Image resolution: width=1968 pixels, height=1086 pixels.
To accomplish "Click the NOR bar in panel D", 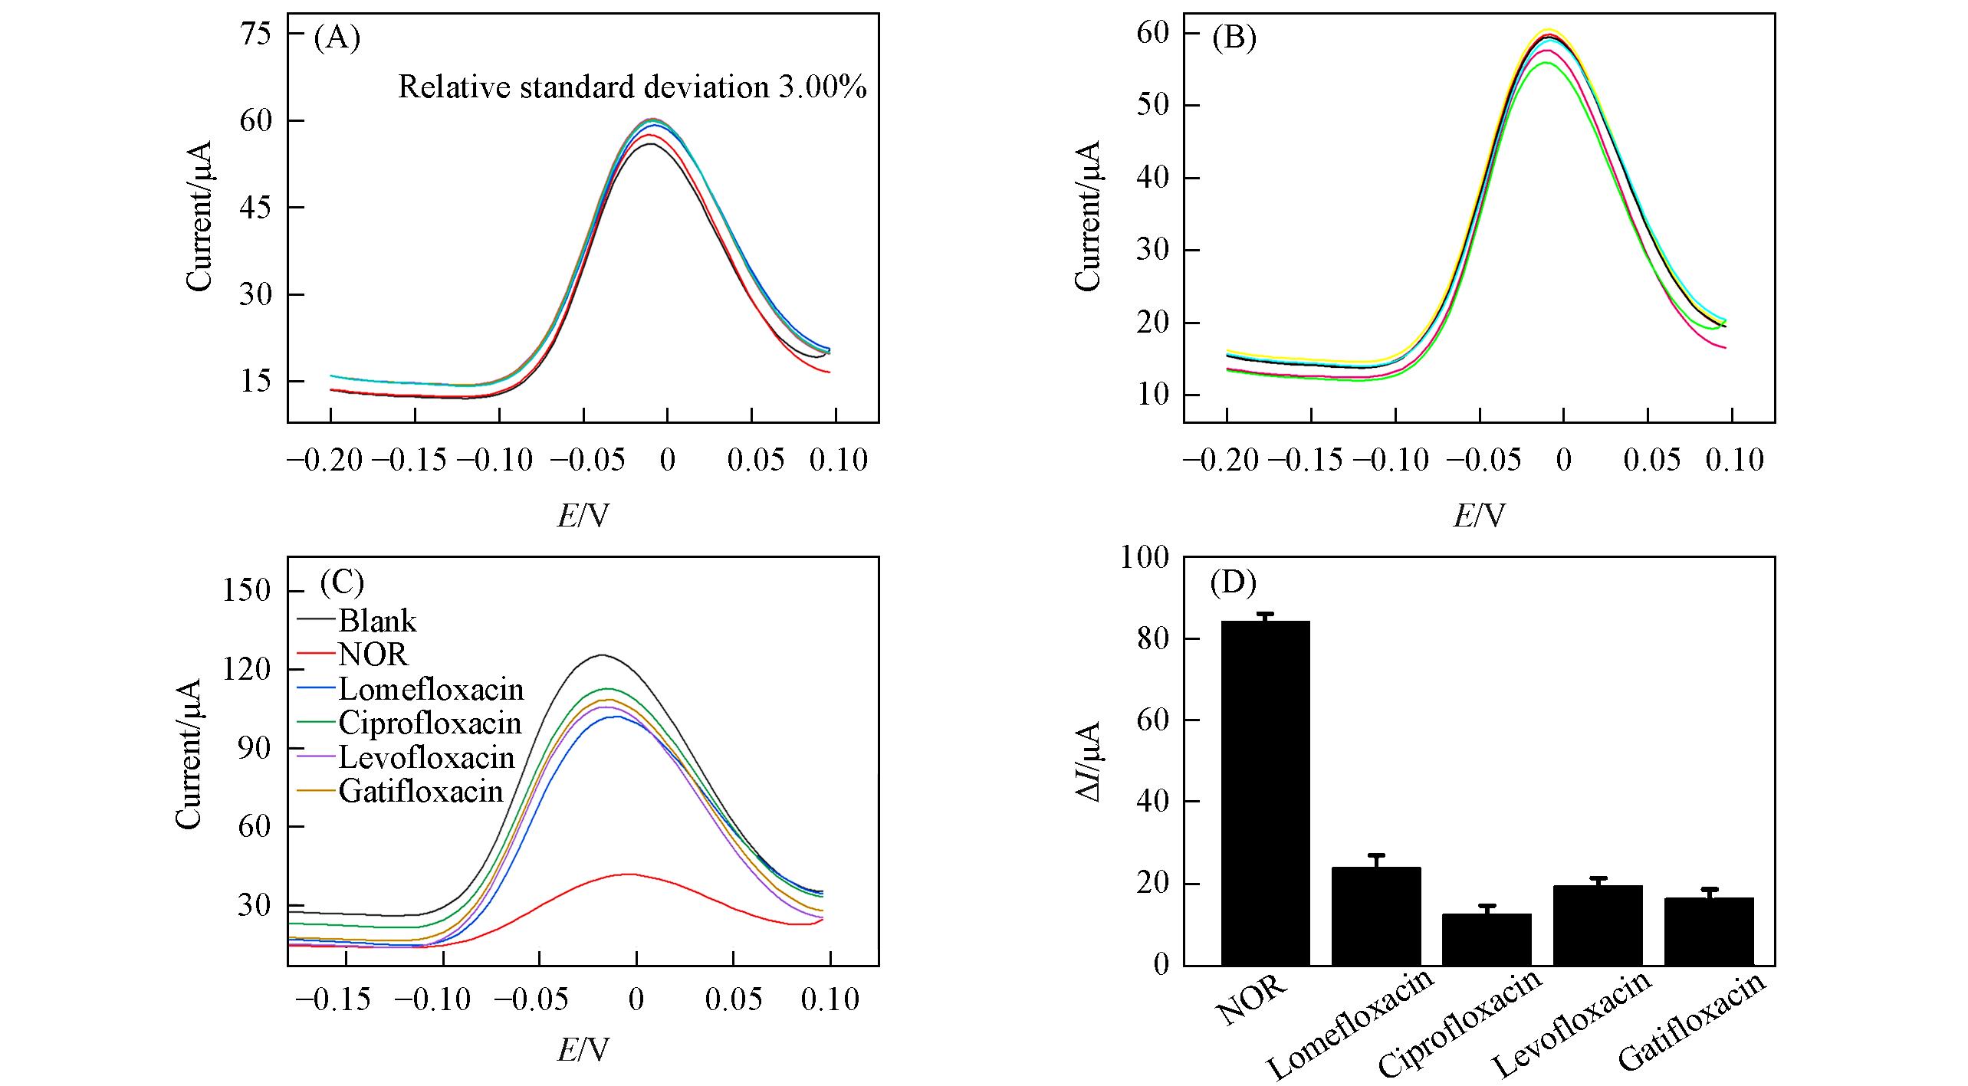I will click(x=1265, y=792).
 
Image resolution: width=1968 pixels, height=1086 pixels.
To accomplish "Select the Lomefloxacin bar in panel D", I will click(x=1375, y=916).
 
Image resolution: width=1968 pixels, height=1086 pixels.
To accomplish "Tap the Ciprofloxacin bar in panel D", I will click(x=1486, y=939).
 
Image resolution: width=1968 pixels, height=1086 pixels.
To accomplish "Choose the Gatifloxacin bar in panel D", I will click(x=1708, y=931).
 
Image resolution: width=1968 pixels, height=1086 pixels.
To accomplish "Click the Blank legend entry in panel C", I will click(x=377, y=620).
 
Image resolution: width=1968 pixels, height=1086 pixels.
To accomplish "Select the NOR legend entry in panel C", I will click(x=373, y=654).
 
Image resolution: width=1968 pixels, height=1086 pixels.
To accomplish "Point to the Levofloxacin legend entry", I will click(x=426, y=757).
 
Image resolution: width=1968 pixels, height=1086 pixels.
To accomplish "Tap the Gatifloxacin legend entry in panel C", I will click(x=421, y=791).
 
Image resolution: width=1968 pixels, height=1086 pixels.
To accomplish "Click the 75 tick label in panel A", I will click(x=255, y=34).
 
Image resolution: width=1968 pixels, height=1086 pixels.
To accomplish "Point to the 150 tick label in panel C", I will click(x=245, y=590).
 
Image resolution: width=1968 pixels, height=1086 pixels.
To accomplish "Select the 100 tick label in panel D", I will click(x=1145, y=557).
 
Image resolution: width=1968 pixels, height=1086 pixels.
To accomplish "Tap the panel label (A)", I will click(x=337, y=38).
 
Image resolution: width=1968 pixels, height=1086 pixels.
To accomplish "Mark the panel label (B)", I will click(x=1234, y=38).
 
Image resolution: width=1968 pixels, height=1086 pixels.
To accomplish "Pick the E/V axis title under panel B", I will click(x=1479, y=516).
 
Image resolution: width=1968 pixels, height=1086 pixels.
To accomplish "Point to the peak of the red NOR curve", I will click(x=629, y=874).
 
